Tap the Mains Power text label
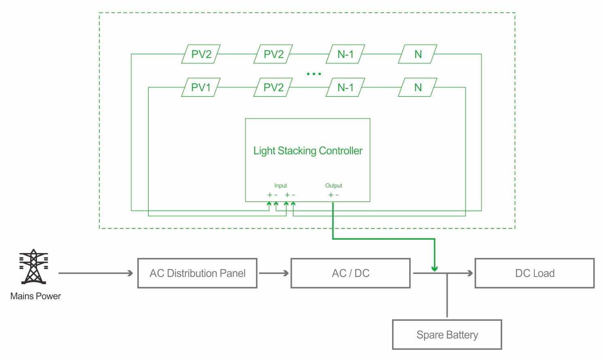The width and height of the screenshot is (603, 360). pyautogui.click(x=36, y=296)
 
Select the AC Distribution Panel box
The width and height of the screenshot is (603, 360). pyautogui.click(x=197, y=273)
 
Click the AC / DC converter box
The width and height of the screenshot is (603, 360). pyautogui.click(x=350, y=273)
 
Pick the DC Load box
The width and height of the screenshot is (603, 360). pyautogui.click(x=535, y=273)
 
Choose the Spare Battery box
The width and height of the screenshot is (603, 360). pyautogui.click(x=447, y=335)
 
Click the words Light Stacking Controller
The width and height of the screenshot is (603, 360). pyautogui.click(x=308, y=151)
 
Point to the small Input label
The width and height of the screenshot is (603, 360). pyautogui.click(x=280, y=185)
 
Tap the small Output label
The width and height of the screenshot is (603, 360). pyautogui.click(x=333, y=185)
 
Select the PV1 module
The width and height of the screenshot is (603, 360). pyautogui.click(x=201, y=87)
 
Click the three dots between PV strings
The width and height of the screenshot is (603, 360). pyautogui.click(x=314, y=74)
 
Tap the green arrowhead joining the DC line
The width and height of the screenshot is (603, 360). pyautogui.click(x=434, y=268)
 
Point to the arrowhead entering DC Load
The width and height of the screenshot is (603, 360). pyautogui.click(x=470, y=273)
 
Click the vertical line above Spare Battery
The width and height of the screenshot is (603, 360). pyautogui.click(x=447, y=296)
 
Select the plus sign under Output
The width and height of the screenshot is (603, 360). pyautogui.click(x=331, y=195)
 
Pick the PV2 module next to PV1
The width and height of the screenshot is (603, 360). pyautogui.click(x=273, y=87)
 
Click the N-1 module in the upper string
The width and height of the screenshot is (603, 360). pyautogui.click(x=346, y=54)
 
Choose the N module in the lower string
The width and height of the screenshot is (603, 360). pyautogui.click(x=418, y=87)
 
